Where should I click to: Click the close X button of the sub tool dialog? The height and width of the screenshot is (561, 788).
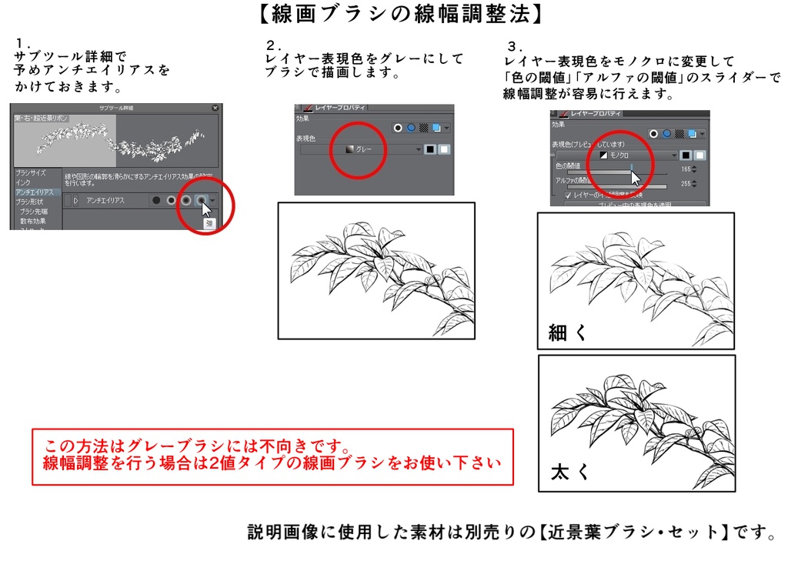point(215,108)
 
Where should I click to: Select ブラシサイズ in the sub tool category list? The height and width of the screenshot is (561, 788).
point(30,173)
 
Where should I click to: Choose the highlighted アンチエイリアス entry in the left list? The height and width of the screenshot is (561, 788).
point(34,192)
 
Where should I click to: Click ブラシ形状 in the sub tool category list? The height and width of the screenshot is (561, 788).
point(29,201)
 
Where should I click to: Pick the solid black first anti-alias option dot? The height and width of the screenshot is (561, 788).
point(156,200)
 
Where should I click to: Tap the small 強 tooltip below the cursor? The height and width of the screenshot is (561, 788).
point(209,223)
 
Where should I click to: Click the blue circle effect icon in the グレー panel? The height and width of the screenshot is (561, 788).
point(411,128)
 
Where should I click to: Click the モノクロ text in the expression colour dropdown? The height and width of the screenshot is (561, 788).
point(619,155)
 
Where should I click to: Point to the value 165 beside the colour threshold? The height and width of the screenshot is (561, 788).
point(683,169)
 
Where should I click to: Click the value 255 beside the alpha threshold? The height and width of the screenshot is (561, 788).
point(683,183)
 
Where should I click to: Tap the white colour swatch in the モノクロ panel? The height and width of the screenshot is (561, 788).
point(700,155)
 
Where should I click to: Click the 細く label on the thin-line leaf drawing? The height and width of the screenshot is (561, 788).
point(567,332)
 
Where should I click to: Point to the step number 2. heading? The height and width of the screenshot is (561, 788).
point(274,44)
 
